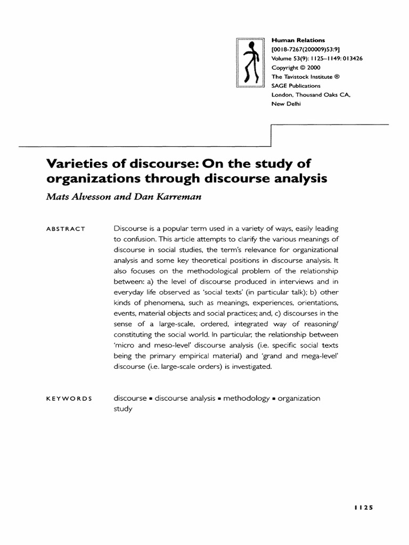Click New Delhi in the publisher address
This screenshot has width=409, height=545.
286,104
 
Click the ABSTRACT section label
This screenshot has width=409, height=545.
66,229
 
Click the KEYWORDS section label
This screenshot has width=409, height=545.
69,399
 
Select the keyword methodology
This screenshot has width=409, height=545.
246,398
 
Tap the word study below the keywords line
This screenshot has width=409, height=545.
122,409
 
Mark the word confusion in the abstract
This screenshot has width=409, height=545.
140,239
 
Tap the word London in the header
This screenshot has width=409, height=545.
283,95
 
